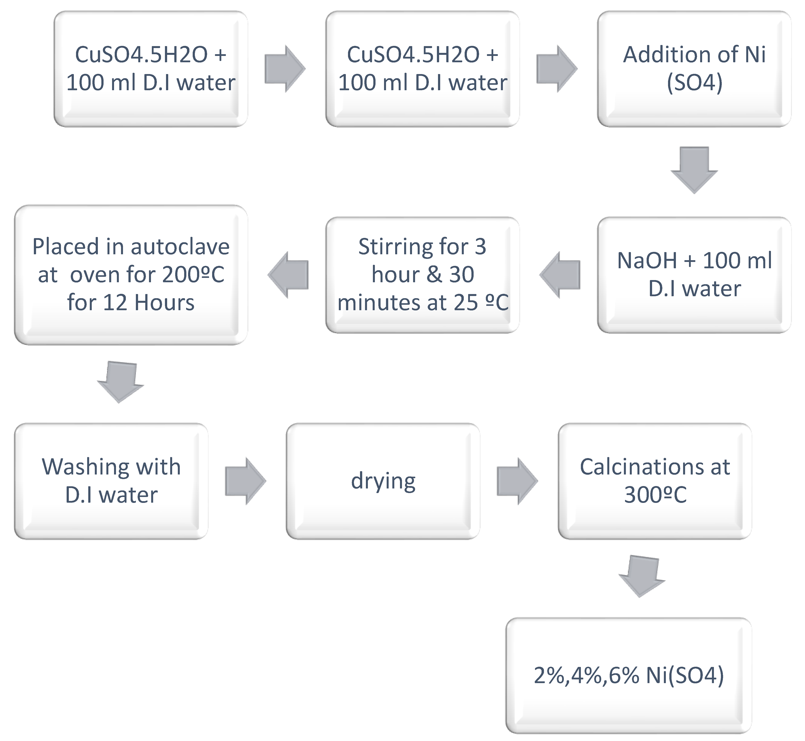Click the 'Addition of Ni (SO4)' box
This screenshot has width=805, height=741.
coord(694,69)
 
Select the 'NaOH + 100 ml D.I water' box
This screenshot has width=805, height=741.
coord(694,275)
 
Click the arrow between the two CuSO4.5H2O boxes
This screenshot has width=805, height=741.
coord(285,69)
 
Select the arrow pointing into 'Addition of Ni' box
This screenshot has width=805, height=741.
coord(556,69)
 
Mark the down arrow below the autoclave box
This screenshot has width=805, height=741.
coord(120,382)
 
